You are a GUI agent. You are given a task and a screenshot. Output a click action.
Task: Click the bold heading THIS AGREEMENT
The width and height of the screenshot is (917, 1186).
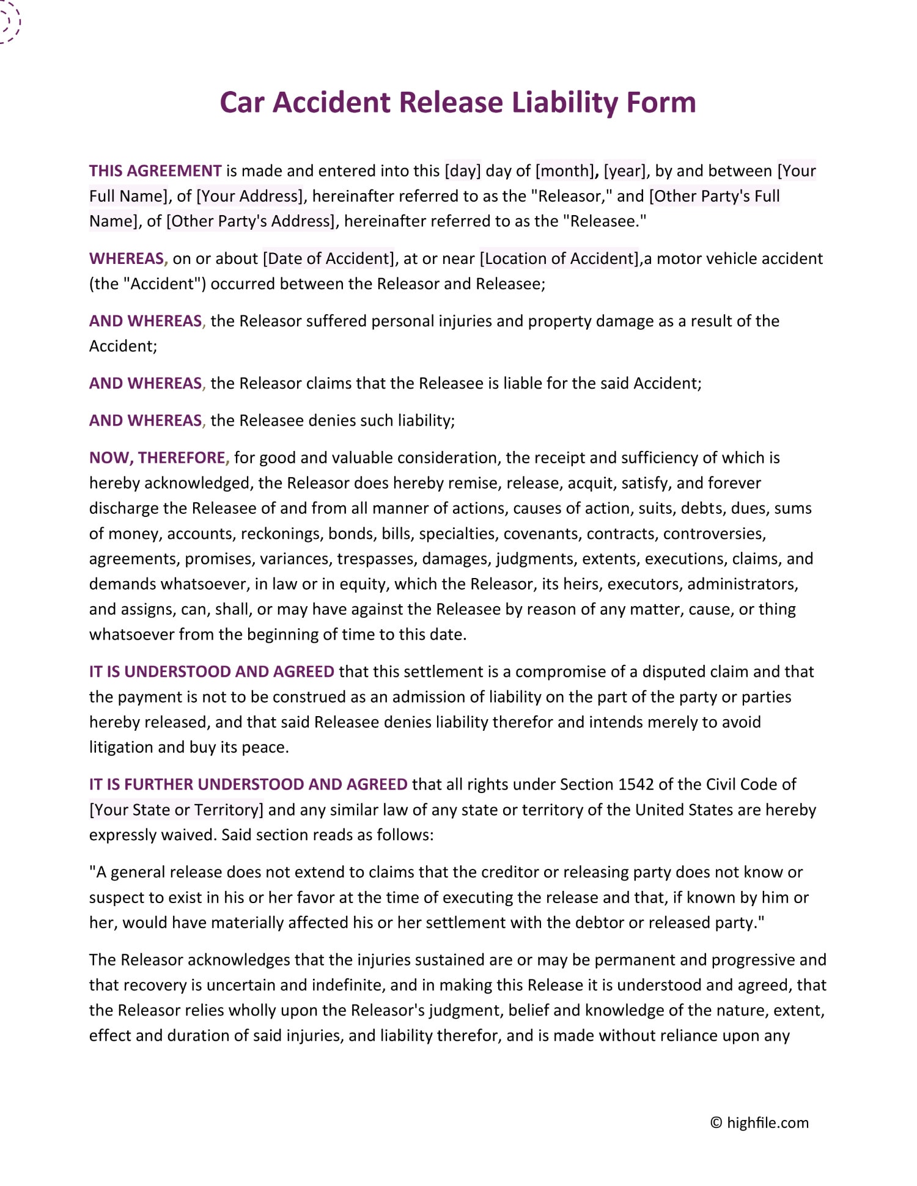click(155, 171)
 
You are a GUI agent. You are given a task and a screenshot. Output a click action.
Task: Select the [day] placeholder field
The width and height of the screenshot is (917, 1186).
click(463, 171)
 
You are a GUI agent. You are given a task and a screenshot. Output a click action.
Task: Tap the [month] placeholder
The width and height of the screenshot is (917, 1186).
click(565, 171)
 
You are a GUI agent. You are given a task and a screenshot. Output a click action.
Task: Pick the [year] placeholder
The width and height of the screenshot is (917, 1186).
click(624, 171)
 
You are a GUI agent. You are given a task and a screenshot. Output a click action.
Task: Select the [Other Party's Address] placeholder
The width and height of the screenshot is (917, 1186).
click(251, 221)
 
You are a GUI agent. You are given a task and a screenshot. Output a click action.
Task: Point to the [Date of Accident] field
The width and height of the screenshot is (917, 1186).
click(329, 259)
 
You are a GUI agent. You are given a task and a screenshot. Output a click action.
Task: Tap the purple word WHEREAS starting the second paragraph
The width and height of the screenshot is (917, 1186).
click(127, 259)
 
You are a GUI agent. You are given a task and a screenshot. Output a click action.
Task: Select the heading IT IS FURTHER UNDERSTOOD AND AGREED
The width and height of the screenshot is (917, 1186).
click(248, 785)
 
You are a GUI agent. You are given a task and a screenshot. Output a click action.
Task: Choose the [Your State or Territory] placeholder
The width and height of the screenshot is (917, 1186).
click(177, 810)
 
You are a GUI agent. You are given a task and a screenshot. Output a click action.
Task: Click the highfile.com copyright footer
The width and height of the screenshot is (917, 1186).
click(759, 1123)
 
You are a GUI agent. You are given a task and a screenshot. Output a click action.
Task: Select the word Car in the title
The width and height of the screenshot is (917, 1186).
click(242, 103)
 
